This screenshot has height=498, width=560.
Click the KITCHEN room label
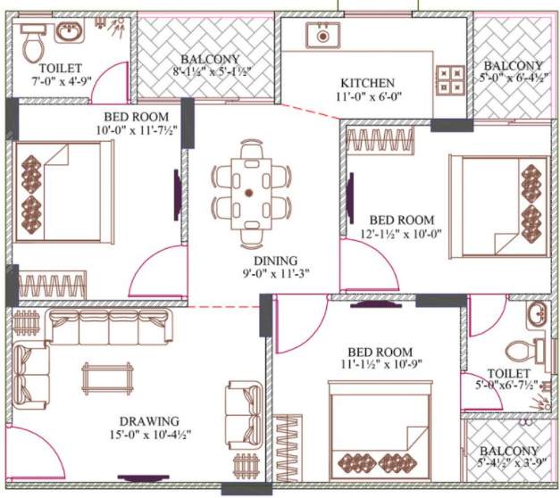(x=367, y=83)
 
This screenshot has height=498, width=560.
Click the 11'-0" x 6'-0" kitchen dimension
(x=367, y=98)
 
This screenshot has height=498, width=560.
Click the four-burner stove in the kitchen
(x=447, y=76)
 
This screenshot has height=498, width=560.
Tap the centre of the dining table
(x=251, y=192)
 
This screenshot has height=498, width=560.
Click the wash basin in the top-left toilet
(x=69, y=33)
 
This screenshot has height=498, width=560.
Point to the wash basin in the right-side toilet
(x=536, y=315)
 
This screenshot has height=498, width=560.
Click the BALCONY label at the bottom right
(x=508, y=451)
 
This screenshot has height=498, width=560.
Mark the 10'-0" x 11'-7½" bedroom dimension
(x=101, y=131)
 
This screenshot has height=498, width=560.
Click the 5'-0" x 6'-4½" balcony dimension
(x=513, y=79)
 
